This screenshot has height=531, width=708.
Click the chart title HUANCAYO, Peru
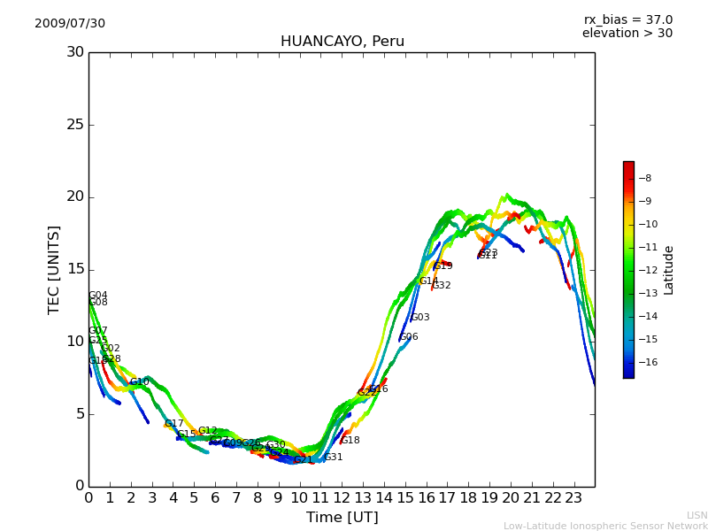(342, 42)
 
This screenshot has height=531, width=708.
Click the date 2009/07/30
(70, 24)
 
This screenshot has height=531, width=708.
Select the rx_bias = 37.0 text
(627, 20)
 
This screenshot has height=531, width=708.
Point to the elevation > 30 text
(627, 34)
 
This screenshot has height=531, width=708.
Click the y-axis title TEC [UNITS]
(54, 269)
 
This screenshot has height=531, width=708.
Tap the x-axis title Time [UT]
(342, 518)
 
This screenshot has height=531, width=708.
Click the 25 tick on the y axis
(75, 125)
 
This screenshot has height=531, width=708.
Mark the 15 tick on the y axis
(75, 269)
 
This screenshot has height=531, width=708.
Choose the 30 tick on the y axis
(75, 52)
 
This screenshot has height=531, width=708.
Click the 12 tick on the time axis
(342, 498)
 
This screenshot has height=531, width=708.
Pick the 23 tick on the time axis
(573, 498)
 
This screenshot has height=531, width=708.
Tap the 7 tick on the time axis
(236, 498)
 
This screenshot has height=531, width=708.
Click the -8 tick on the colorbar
(646, 178)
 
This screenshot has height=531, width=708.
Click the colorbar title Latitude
(669, 270)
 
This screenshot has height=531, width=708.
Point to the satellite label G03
(420, 318)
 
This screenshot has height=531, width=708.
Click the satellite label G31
(334, 458)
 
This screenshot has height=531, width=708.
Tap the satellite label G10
(140, 382)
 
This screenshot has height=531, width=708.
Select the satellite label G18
(350, 441)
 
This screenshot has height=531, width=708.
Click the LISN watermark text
(696, 515)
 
